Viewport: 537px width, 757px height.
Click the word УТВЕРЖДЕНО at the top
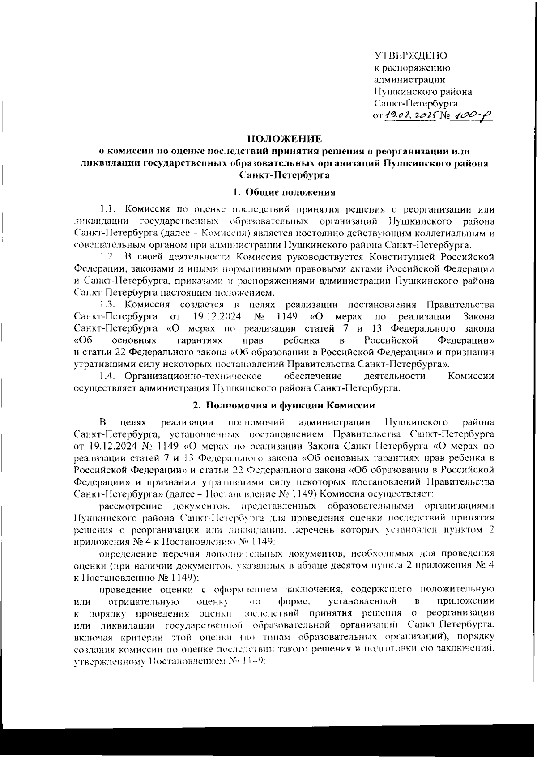click(x=410, y=56)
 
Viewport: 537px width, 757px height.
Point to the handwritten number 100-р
click(x=470, y=116)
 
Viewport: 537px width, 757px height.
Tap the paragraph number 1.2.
click(x=108, y=257)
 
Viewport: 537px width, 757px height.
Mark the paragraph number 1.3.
click(x=108, y=305)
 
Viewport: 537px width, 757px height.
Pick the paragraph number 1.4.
click(x=108, y=376)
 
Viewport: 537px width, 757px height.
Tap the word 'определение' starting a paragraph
click(x=127, y=554)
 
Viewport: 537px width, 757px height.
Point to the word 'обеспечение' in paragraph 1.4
click(x=313, y=376)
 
